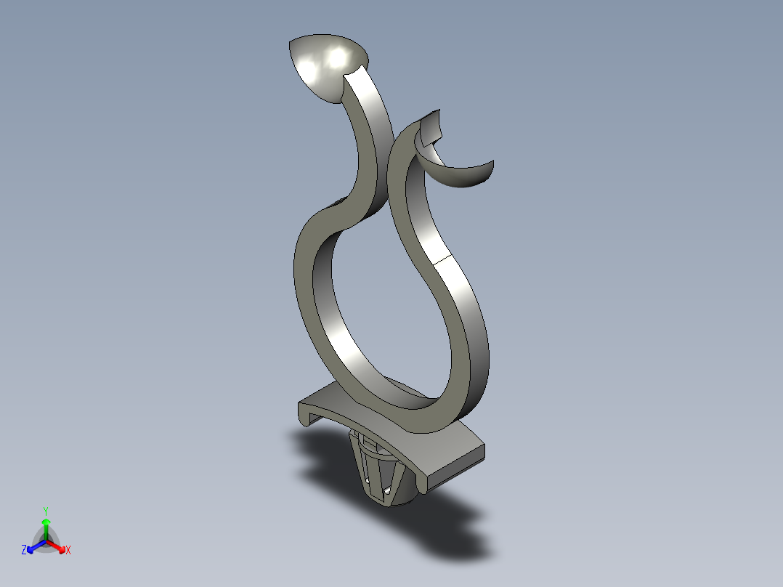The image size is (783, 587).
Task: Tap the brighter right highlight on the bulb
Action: tap(337, 57)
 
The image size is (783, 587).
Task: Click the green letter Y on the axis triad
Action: tap(46, 510)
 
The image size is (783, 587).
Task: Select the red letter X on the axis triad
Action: tap(68, 550)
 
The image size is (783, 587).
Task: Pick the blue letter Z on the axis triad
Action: tap(24, 550)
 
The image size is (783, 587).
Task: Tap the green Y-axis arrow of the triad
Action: tap(46, 527)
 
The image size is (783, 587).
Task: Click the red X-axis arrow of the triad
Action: tap(57, 546)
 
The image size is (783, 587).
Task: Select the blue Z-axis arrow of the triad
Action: tap(34, 546)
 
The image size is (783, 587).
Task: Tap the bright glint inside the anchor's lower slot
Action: tap(389, 492)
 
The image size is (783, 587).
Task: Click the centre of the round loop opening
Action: tap(385, 312)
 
